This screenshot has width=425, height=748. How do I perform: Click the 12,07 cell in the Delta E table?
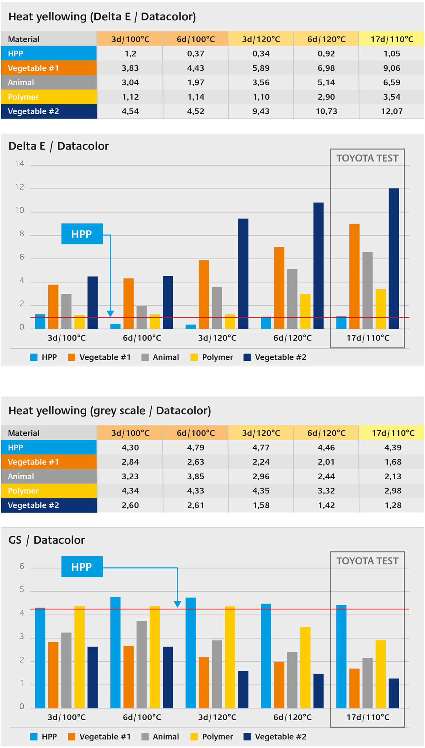click(x=392, y=111)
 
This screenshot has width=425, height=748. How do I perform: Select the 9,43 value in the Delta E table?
click(x=261, y=111)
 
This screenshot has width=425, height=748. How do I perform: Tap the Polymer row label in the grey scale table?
click(x=23, y=491)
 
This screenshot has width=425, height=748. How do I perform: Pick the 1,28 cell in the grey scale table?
click(x=393, y=505)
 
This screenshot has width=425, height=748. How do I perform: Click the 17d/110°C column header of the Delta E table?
click(x=392, y=39)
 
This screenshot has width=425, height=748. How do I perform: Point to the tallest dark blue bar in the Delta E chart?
click(x=394, y=259)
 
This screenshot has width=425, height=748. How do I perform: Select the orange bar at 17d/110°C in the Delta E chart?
click(x=354, y=276)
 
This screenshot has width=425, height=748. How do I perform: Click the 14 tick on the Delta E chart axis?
click(x=20, y=164)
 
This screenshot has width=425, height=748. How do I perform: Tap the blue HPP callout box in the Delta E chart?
click(x=82, y=234)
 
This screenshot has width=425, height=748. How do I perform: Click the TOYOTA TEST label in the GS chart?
click(x=367, y=561)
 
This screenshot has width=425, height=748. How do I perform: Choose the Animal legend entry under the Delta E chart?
click(x=160, y=357)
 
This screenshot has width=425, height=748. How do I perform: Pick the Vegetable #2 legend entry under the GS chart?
click(x=275, y=737)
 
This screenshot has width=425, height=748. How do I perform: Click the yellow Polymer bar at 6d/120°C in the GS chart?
click(x=305, y=667)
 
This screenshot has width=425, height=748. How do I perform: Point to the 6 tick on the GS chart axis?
click(x=22, y=566)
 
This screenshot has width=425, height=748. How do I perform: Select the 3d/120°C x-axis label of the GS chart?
click(x=217, y=717)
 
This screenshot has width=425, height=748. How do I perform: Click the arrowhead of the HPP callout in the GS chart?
click(x=177, y=604)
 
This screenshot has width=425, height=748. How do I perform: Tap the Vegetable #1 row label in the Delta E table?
click(x=33, y=68)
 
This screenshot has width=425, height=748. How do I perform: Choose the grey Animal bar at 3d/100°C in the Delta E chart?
click(x=66, y=311)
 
